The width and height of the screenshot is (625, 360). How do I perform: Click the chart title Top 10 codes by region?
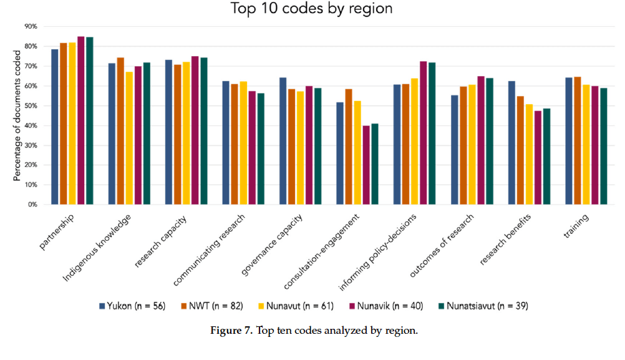pyautogui.click(x=312, y=9)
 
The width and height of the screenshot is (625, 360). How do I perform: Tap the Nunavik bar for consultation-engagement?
pyautogui.click(x=366, y=165)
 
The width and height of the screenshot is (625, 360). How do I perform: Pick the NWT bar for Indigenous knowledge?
pyautogui.click(x=120, y=131)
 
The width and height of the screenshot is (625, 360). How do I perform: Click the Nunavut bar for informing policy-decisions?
pyautogui.click(x=414, y=141)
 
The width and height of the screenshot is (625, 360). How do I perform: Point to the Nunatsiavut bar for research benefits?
pyautogui.click(x=546, y=156)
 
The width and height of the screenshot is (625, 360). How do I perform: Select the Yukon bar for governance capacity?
pyautogui.click(x=283, y=141)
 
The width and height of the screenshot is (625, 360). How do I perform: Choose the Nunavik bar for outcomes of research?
pyautogui.click(x=480, y=140)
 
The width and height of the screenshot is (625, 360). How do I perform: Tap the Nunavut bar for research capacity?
pyautogui.click(x=186, y=133)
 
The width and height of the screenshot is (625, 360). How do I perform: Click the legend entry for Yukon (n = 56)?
pyautogui.click(x=132, y=306)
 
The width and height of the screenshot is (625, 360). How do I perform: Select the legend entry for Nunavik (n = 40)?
pyautogui.click(x=392, y=306)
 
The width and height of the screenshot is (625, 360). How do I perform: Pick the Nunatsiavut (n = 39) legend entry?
pyautogui.click(x=484, y=306)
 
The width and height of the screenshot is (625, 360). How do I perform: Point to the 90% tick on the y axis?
pyautogui.click(x=31, y=27)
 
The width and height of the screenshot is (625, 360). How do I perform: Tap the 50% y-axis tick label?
pyautogui.click(x=31, y=106)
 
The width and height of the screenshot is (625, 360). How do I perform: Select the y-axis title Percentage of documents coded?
pyautogui.click(x=17, y=115)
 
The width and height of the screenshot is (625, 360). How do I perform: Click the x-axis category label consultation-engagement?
pyautogui.click(x=322, y=253)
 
